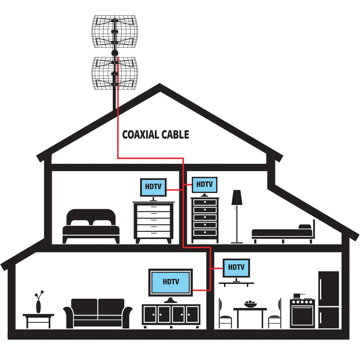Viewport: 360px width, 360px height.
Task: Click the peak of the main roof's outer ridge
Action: click(160, 84)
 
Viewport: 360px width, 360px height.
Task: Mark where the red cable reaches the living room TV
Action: click(193, 291)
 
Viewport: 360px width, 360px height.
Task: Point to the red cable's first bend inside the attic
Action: click(118, 158)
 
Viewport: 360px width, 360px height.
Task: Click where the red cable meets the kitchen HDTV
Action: click(223, 268)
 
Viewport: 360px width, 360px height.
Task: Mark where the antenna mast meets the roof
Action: click(113, 110)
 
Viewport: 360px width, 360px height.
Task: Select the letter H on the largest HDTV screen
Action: click(165, 282)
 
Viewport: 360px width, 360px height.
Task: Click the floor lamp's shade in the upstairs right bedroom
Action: click(237, 197)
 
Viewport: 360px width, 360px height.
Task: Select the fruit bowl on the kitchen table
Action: click(250, 304)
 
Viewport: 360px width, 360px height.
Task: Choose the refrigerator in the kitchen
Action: click(329, 300)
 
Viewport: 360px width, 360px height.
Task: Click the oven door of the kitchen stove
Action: click(302, 315)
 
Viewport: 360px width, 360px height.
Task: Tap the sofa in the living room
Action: click(98, 314)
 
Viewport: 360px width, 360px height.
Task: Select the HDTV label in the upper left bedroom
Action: click(153, 186)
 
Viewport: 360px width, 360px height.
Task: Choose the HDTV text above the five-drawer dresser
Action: click(204, 184)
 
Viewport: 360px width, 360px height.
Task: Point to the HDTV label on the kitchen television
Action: click(236, 267)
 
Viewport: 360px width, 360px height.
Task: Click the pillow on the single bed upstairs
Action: click(305, 226)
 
